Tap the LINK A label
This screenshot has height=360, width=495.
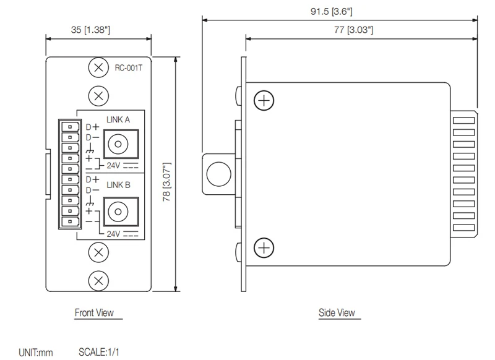point(118,121)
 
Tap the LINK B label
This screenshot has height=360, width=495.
point(118,184)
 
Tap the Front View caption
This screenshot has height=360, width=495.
point(94,313)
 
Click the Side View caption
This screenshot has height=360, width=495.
point(337,313)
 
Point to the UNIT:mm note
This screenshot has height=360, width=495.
point(35,353)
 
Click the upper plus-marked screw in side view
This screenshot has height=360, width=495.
point(264,100)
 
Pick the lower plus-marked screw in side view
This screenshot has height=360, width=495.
point(264,248)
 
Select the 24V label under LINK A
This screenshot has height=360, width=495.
point(113,166)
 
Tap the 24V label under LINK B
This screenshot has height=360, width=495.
point(113,234)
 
